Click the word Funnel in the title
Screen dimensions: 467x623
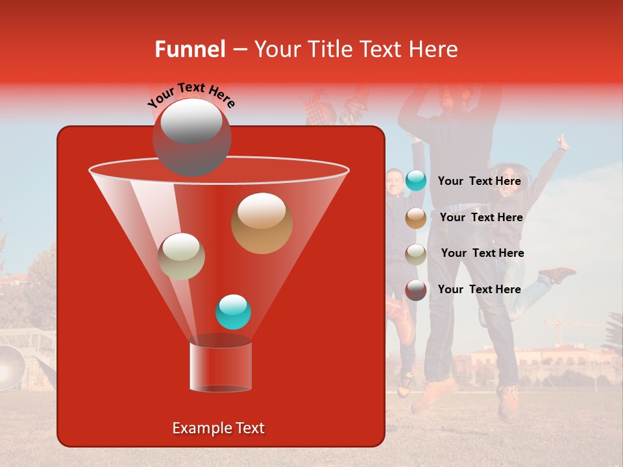190,49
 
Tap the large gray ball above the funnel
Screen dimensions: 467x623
191,137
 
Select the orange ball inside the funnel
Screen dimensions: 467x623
262,223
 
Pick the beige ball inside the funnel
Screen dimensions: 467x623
181,256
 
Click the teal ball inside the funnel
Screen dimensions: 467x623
233,312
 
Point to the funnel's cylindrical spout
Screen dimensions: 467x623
220,366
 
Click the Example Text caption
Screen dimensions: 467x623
218,428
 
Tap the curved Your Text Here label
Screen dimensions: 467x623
191,95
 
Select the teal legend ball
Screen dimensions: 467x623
416,181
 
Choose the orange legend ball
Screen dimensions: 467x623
416,218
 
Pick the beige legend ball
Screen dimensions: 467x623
416,254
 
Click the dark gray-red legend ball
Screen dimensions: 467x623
416,289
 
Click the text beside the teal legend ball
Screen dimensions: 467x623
479,181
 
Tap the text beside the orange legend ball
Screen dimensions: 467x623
481,218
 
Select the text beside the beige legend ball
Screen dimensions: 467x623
482,254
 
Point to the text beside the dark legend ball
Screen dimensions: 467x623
479,289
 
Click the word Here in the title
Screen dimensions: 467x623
434,49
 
